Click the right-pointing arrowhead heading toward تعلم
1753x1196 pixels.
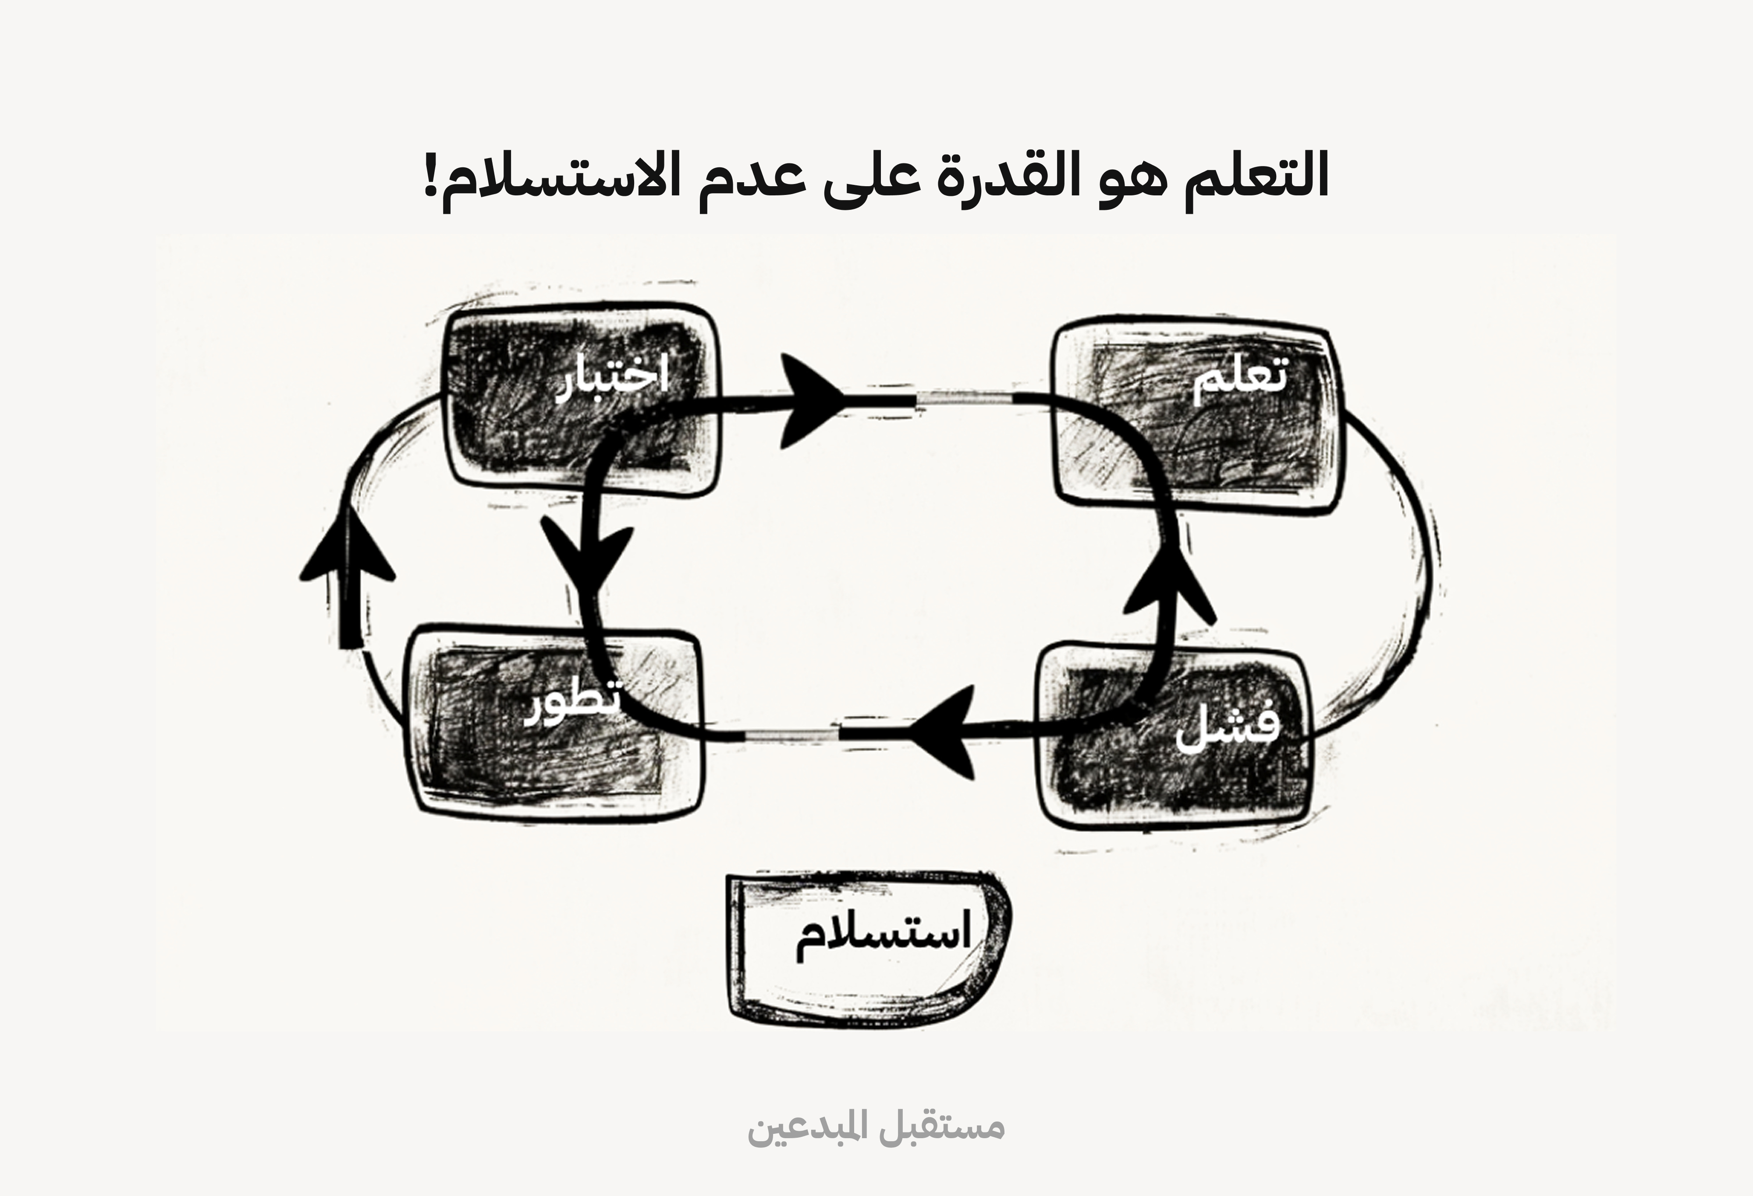click(811, 400)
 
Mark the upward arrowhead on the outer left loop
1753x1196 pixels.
click(348, 554)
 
